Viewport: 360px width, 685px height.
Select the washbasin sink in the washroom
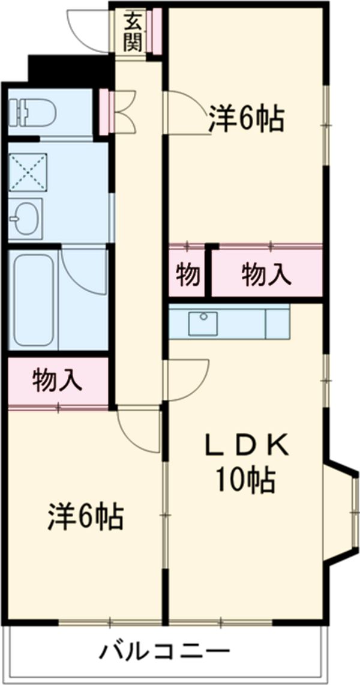click(x=25, y=218)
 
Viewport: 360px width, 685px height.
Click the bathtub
click(x=34, y=298)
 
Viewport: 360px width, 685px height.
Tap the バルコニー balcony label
click(x=164, y=651)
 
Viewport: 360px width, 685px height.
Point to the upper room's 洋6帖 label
click(x=246, y=119)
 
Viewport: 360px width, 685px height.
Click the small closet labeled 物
click(x=187, y=276)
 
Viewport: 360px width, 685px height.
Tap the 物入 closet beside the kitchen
click(x=266, y=276)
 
